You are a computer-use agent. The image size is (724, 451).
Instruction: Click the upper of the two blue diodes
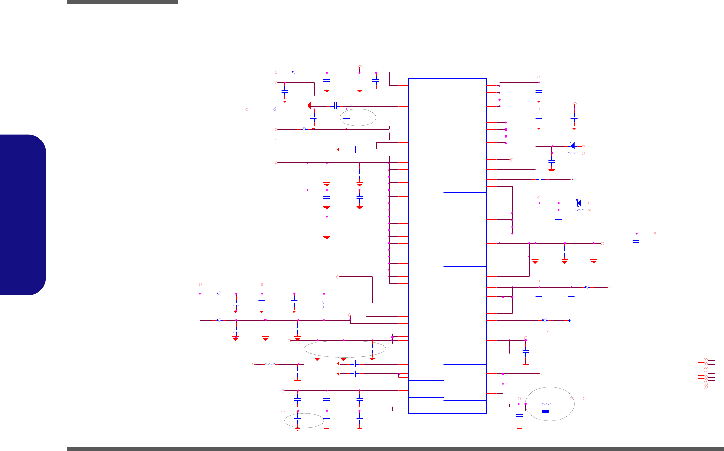[572, 146]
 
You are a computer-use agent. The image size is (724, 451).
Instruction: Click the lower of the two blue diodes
[579, 203]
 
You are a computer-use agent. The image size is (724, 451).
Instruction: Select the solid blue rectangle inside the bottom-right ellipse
[545, 412]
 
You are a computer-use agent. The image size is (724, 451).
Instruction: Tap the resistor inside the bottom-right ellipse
[546, 404]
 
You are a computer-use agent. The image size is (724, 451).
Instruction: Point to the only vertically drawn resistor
[323, 306]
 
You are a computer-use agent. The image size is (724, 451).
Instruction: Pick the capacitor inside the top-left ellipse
[347, 117]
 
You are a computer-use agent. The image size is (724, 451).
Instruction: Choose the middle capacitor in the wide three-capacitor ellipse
[343, 349]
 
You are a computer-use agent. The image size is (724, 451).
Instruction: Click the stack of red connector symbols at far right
[706, 373]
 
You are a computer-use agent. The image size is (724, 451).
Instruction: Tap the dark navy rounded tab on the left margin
[23, 215]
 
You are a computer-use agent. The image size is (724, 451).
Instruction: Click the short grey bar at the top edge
[123, 2]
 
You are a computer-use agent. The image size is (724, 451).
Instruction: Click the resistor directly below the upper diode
[572, 153]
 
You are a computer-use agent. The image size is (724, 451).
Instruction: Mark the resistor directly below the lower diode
[579, 210]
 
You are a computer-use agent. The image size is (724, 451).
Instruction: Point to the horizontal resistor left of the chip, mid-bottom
[270, 364]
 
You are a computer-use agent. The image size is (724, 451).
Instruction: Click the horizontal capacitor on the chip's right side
[540, 179]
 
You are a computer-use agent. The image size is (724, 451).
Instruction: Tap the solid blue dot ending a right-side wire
[570, 321]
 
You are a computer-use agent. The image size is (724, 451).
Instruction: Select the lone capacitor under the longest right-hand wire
[636, 241]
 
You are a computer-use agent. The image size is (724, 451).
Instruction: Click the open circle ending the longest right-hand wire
[655, 233]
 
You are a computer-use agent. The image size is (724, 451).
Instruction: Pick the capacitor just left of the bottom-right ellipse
[519, 416]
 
